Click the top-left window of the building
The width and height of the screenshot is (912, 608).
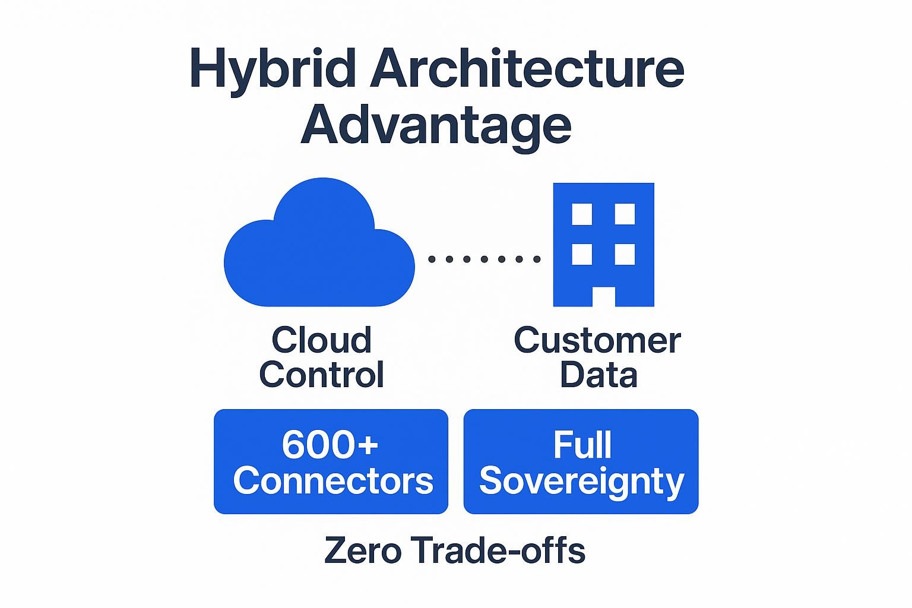(x=582, y=214)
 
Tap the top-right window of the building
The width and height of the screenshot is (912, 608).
(x=625, y=214)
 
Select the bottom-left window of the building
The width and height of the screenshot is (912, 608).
(x=582, y=254)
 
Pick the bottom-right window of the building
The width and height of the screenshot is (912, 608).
(x=625, y=254)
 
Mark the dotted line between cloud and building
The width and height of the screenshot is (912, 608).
(x=484, y=259)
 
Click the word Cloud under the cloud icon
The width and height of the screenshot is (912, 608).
(x=321, y=340)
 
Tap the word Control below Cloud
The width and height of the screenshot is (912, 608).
(x=321, y=375)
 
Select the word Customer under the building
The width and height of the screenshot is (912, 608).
(x=597, y=340)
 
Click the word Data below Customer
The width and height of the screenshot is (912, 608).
(x=598, y=375)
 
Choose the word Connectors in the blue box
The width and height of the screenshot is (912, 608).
(x=333, y=480)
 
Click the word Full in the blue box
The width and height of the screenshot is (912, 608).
(x=582, y=445)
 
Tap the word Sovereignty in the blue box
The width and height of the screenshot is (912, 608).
(x=581, y=482)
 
